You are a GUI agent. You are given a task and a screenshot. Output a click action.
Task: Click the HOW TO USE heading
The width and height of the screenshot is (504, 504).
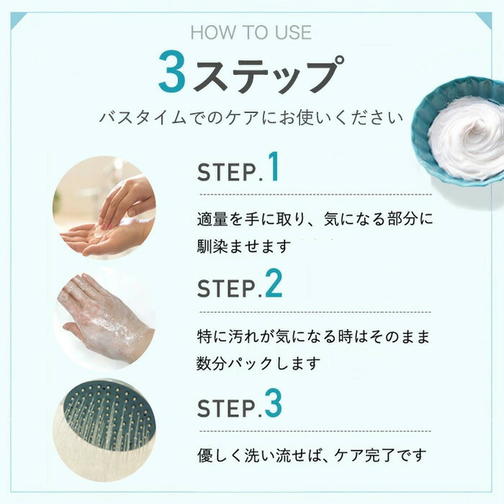coord(251,32)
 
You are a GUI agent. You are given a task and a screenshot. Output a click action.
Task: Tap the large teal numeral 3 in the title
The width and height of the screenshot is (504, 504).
coord(173,71)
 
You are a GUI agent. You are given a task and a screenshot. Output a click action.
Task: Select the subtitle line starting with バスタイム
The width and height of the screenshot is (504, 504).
coord(251,117)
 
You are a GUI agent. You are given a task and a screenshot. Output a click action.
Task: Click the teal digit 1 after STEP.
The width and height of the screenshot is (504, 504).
coord(274,166)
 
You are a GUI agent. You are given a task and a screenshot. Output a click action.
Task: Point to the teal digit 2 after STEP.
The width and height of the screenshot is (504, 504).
coord(274,283)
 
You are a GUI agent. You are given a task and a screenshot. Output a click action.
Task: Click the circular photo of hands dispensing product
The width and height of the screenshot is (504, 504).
coord(104,207)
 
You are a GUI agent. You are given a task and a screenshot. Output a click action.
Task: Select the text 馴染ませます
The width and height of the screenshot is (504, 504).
coord(243,246)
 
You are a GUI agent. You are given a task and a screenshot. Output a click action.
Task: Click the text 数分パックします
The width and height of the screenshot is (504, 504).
coord(258,364)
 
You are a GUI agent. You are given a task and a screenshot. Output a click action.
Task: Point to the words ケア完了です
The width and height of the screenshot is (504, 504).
coord(381,455)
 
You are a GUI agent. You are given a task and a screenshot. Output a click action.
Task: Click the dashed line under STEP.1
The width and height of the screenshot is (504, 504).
coord(315,194)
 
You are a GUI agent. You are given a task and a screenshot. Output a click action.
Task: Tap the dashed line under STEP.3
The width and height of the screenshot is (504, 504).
coord(315,431)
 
